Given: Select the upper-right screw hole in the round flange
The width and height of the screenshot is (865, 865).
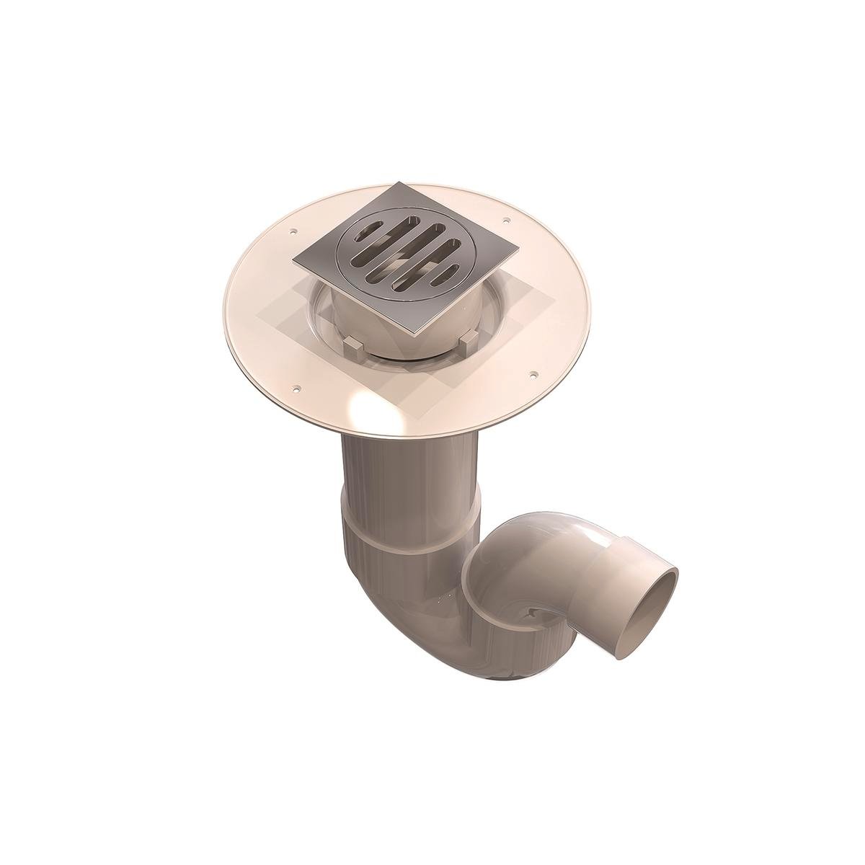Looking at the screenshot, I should coord(506,219).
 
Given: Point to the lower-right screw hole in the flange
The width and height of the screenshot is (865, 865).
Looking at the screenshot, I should coord(533,374).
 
